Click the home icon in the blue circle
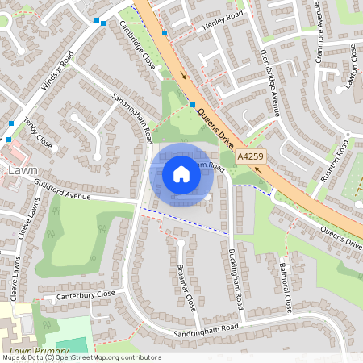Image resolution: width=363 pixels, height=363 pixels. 181,173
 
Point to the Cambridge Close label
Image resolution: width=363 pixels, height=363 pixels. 137,49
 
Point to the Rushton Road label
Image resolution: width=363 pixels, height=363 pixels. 332,161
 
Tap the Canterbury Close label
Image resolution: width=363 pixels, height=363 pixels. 86,295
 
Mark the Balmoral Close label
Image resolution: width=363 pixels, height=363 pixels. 284,287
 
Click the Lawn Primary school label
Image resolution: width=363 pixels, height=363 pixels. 37,352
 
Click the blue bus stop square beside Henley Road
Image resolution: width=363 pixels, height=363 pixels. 165,33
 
